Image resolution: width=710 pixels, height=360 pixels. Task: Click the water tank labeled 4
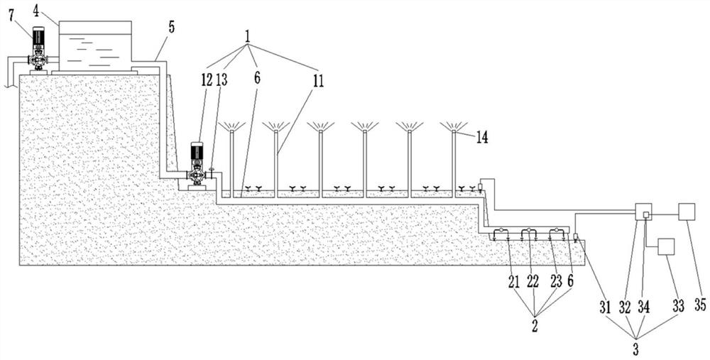pyautogui.click(x=95, y=45)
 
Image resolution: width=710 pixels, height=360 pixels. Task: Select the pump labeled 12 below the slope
pyautogui.click(x=197, y=164)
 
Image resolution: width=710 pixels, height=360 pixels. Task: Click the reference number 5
pyautogui.click(x=171, y=27)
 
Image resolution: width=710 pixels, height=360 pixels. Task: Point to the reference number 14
pyautogui.click(x=482, y=137)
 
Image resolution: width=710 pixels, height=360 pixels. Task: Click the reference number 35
pyautogui.click(x=700, y=305)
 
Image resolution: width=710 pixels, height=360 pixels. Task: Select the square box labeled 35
pyautogui.click(x=686, y=212)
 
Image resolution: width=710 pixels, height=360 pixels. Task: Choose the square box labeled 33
pyautogui.click(x=666, y=247)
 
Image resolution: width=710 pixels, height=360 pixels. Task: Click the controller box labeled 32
pyautogui.click(x=643, y=212)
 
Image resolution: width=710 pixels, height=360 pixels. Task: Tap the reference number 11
pyautogui.click(x=318, y=81)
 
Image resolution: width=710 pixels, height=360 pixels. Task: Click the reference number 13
pyautogui.click(x=222, y=80)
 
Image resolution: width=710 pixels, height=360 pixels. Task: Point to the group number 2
pyautogui.click(x=535, y=327)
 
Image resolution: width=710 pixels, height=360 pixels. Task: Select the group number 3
pyautogui.click(x=635, y=349)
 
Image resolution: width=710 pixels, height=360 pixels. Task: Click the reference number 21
pyautogui.click(x=514, y=282)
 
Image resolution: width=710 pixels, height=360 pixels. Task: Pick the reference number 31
pyautogui.click(x=606, y=307)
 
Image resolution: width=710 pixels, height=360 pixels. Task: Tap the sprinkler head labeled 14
pyautogui.click(x=454, y=126)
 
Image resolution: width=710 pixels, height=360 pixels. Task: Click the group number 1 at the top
pyautogui.click(x=247, y=37)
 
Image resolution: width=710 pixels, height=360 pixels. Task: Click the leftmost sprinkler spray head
pyautogui.click(x=231, y=126)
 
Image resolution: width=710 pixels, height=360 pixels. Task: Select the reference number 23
pyautogui.click(x=556, y=282)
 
